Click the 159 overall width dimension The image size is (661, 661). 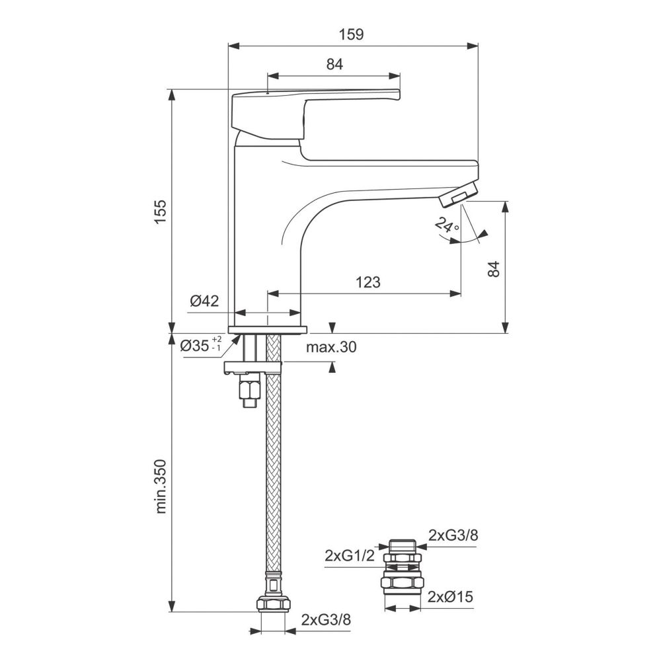click(x=352, y=34)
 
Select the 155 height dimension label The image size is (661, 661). click(x=161, y=212)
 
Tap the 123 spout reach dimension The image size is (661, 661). click(x=368, y=282)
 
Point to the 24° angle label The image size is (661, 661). click(x=446, y=225)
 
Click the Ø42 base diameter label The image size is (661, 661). click(x=204, y=301)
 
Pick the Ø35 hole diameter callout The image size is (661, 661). click(x=201, y=345)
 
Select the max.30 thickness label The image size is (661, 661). click(x=331, y=347)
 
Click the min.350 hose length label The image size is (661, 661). click(x=161, y=486)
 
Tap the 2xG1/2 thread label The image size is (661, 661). click(x=350, y=556)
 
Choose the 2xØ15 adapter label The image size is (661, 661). click(x=450, y=596)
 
